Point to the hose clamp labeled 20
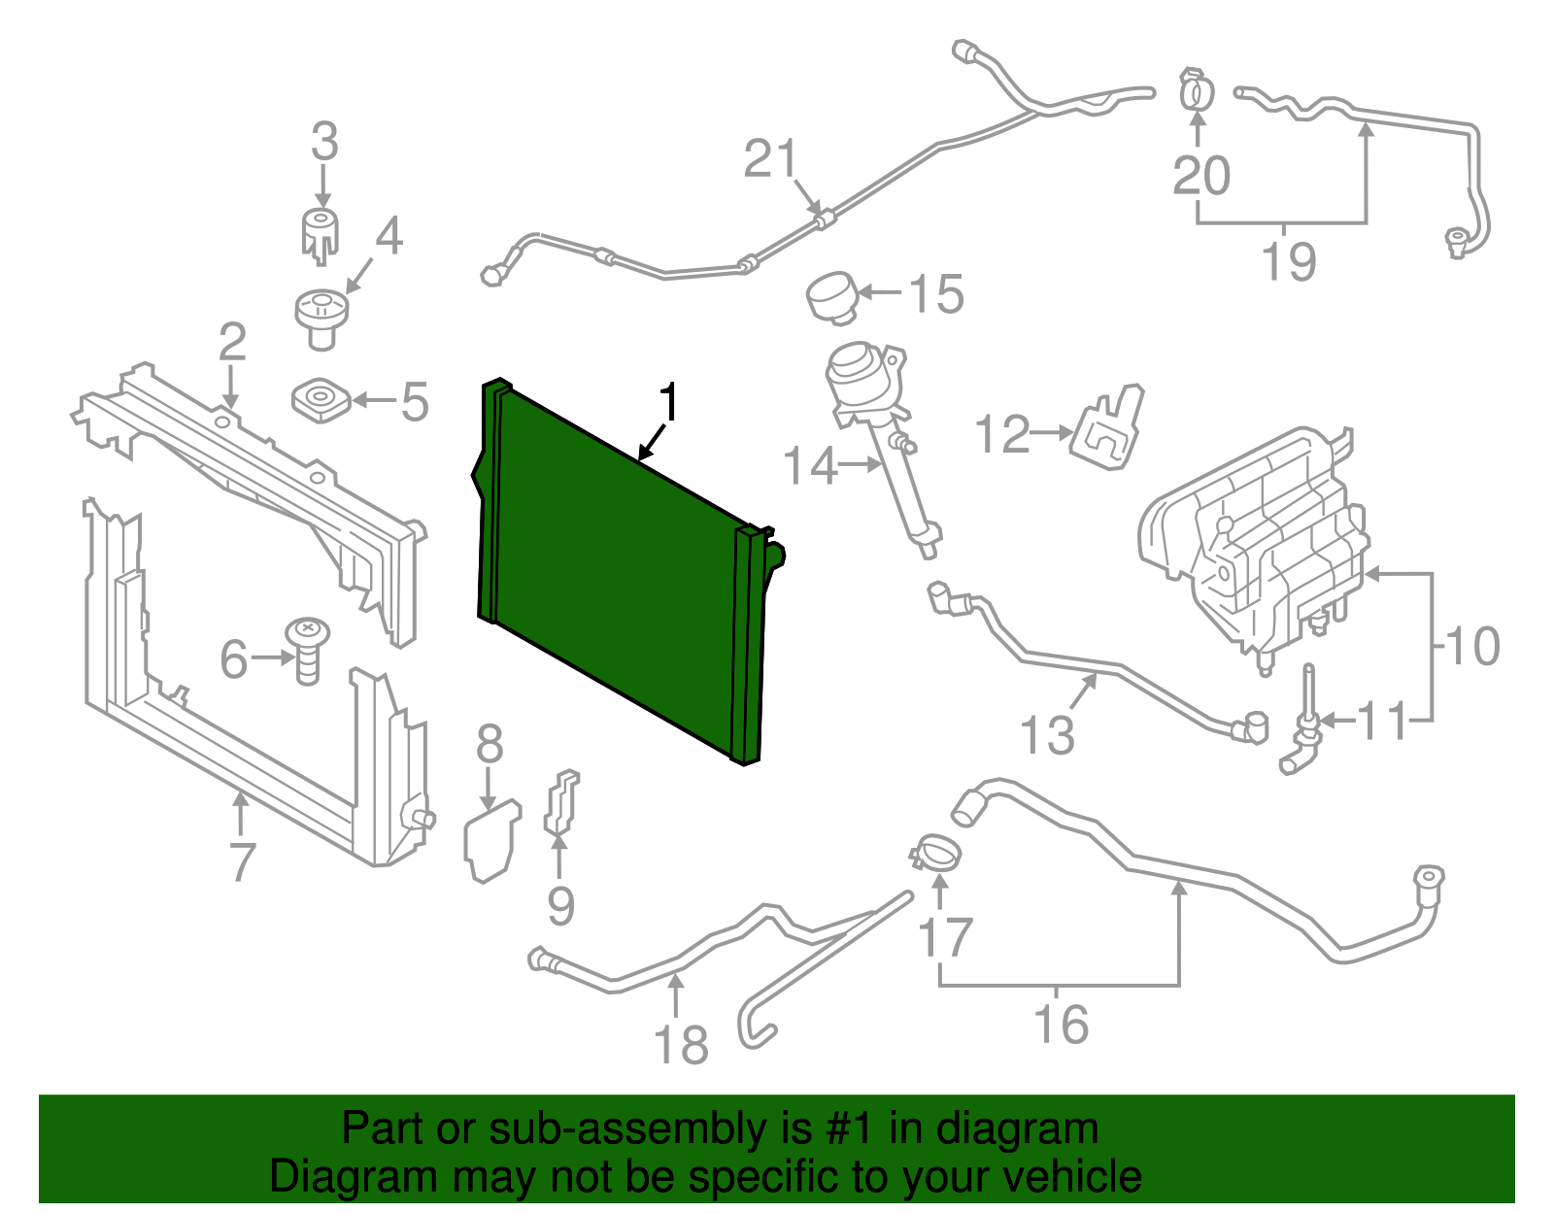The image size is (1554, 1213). pos(1197,90)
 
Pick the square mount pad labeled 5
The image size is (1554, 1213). pos(320,400)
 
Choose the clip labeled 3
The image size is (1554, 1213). pos(320,233)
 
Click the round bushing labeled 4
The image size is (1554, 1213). pos(321,317)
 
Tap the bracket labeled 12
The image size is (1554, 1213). pos(1108,430)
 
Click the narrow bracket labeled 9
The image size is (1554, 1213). pos(561,803)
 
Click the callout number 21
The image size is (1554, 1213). pos(770,158)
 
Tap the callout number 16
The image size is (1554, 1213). pos(1061,1025)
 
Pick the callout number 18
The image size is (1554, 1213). pos(681,1046)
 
